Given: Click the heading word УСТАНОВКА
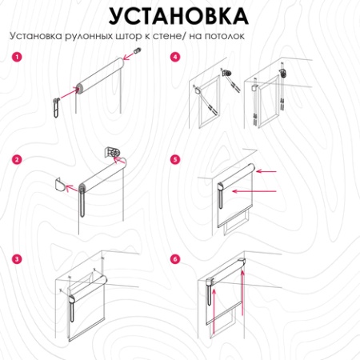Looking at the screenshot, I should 179,16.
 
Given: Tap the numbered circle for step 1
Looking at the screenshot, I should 16,58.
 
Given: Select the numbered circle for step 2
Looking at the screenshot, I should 16,159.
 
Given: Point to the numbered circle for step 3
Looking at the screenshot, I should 16,259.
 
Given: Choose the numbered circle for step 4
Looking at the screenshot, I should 175,58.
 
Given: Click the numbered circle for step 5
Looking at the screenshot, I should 175,159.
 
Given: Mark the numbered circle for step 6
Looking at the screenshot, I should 175,259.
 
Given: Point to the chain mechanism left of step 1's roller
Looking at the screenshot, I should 57,104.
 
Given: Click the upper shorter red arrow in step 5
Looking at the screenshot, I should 267,170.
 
